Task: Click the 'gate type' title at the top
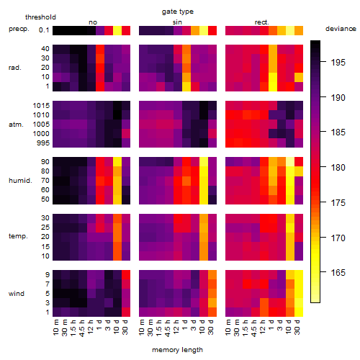click(178, 12)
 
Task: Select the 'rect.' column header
click(261, 22)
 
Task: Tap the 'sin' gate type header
click(177, 22)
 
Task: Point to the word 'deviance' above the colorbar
click(341, 29)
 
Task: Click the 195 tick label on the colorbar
click(338, 63)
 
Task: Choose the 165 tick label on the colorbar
click(338, 273)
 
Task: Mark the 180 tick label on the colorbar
click(338, 168)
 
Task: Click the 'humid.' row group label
click(20, 181)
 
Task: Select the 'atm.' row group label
click(16, 125)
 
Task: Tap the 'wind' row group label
click(17, 294)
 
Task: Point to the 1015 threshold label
click(41, 106)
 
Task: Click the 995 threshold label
click(43, 143)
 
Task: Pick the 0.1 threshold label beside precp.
click(44, 30)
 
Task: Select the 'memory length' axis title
click(177, 350)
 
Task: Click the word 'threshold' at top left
click(40, 17)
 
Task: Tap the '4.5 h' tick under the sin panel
click(168, 328)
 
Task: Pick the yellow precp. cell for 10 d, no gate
click(117, 30)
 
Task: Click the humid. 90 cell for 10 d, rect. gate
click(290, 162)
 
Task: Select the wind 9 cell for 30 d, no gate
click(126, 274)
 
